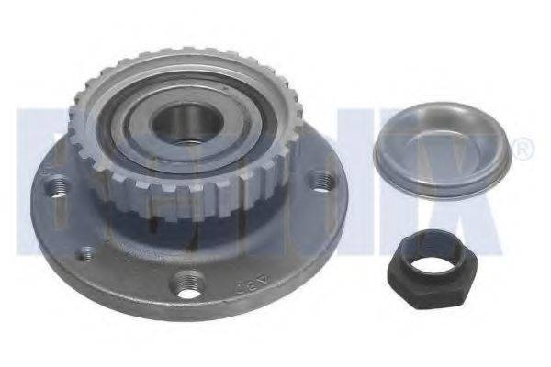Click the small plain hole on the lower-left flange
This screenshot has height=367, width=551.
[84, 252]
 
